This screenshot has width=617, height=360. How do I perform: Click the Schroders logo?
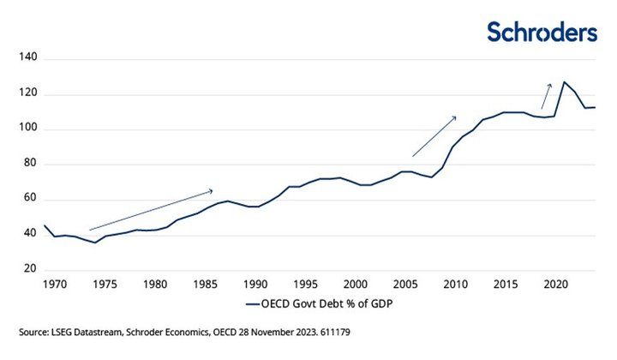tap(542, 32)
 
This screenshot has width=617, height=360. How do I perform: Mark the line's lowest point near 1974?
tap(95, 243)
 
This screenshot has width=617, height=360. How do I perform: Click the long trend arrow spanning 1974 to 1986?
tap(150, 210)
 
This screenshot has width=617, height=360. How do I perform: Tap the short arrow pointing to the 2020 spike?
tap(546, 95)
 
